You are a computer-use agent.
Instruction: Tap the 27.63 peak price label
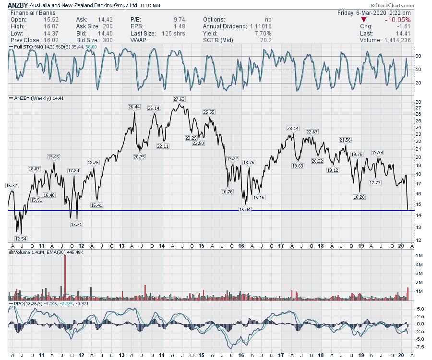(179, 99)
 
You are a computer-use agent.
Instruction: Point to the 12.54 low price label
(21, 239)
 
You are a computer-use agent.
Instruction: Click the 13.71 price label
(76, 224)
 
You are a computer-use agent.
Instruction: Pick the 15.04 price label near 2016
(245, 209)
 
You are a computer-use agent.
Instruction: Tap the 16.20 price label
(359, 197)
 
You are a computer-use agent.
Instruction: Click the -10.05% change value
(399, 20)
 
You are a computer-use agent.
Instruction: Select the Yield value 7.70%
(263, 34)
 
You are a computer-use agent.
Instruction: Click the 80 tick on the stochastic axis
(418, 56)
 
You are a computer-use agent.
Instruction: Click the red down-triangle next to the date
(363, 19)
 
